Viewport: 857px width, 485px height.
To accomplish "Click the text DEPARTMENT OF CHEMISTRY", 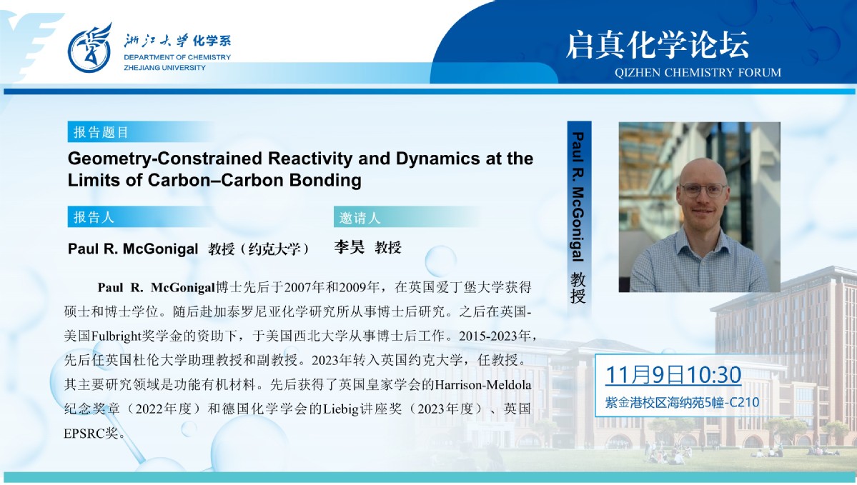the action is coord(177,57).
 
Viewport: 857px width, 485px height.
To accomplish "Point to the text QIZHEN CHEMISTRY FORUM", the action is coord(698,73).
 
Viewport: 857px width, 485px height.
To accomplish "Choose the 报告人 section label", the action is coord(94,217).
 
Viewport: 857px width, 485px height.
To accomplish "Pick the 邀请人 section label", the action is coord(360,218).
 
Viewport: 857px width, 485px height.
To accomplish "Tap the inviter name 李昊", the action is coord(350,247).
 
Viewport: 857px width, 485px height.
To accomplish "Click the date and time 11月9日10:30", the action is coord(673,375).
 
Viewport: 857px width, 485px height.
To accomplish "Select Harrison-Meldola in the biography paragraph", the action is coord(482,384).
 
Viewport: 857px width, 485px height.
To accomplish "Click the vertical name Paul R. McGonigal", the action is coord(578,196).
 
